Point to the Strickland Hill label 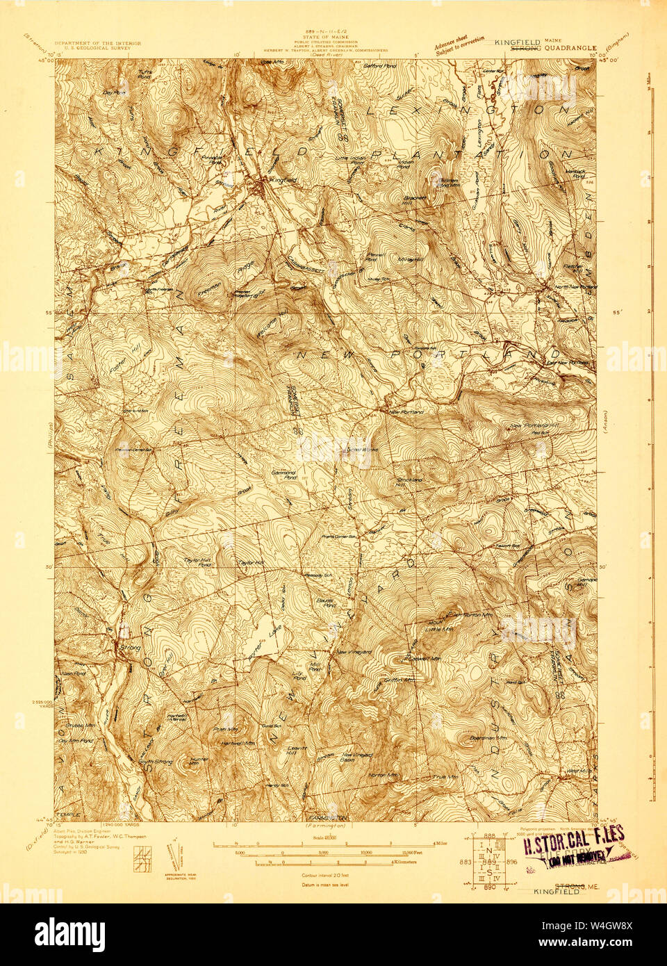409,482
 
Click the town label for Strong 130,647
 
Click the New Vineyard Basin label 359,756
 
